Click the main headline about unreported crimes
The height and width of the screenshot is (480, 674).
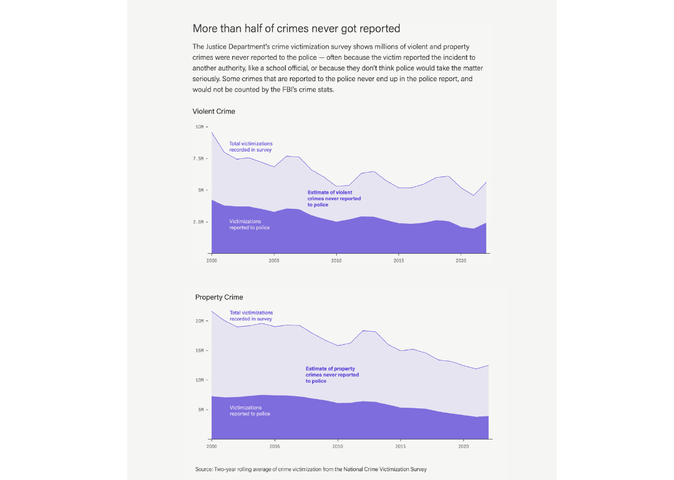pyautogui.click(x=296, y=29)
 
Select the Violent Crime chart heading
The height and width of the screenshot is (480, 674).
pyautogui.click(x=213, y=112)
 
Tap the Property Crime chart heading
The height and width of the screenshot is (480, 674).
pyautogui.click(x=219, y=297)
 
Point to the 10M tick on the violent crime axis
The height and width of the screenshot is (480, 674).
pyautogui.click(x=200, y=127)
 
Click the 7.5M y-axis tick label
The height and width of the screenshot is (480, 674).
pyautogui.click(x=198, y=158)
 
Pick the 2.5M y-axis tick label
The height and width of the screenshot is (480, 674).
pyautogui.click(x=198, y=222)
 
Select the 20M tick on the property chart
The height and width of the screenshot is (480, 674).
pyautogui.click(x=200, y=321)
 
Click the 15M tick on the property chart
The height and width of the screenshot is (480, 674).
pyautogui.click(x=200, y=350)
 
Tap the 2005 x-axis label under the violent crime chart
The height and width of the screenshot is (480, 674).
pyautogui.click(x=274, y=261)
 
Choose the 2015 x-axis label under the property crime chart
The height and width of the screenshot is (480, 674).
pyautogui.click(x=401, y=446)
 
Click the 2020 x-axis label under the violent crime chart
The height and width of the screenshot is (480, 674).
pyautogui.click(x=461, y=261)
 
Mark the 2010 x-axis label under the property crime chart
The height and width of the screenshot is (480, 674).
pyautogui.click(x=338, y=446)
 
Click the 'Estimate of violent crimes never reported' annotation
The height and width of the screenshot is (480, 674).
pyautogui.click(x=334, y=198)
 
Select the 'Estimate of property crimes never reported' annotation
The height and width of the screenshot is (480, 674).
pyautogui.click(x=332, y=375)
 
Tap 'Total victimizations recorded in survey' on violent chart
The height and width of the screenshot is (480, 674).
pyautogui.click(x=250, y=146)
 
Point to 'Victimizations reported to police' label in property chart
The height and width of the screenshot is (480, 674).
pyautogui.click(x=250, y=411)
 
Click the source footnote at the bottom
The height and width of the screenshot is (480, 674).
pyautogui.click(x=311, y=469)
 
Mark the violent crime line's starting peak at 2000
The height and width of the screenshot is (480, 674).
pyautogui.click(x=212, y=132)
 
